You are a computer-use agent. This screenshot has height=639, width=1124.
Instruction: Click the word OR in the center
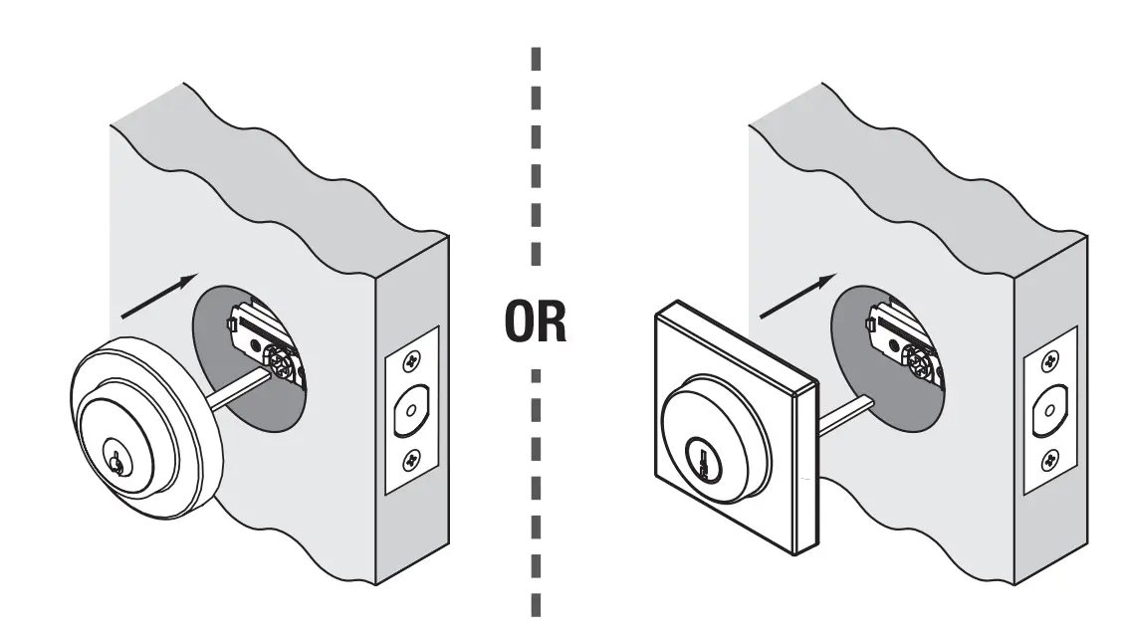point(536,323)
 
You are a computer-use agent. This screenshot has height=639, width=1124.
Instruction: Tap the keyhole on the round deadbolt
point(117,462)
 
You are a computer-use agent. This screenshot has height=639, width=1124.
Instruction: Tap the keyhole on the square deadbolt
point(705,462)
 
